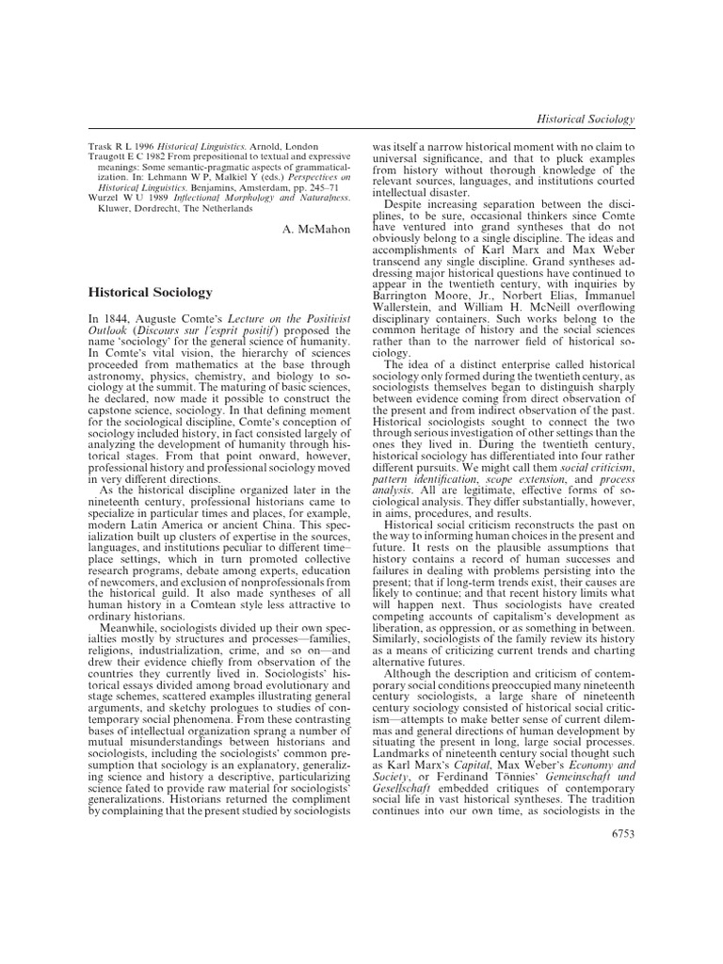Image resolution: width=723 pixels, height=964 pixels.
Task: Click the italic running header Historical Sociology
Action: pyautogui.click(x=585, y=119)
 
